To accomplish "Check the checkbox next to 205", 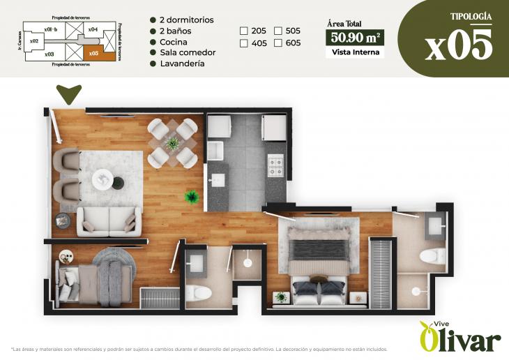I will pos(244,31).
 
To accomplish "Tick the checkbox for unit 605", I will pos(278,43).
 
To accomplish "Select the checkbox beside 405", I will pos(244,43).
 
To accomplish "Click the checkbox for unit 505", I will pos(278,31).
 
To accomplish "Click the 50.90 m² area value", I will pos(355,37).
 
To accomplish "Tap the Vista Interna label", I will pos(355,52).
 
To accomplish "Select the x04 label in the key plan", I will pos(93,29).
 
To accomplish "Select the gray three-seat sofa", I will pos(109,220).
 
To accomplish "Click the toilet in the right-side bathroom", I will pos(432,255).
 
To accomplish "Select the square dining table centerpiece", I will pos(172,143).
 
